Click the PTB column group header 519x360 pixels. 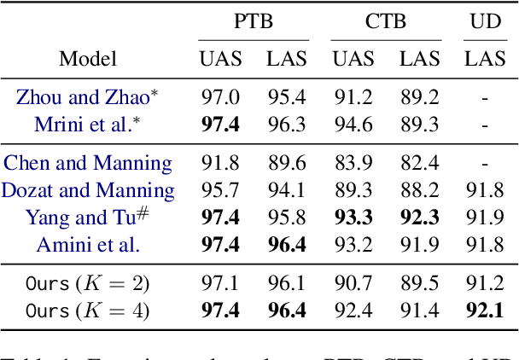[x=254, y=21]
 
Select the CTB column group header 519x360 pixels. [x=386, y=21]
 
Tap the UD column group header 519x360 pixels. [x=484, y=21]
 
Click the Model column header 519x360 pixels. [x=88, y=59]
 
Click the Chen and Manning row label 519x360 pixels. [x=88, y=163]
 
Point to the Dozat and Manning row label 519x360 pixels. [x=88, y=190]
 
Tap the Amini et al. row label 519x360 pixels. [x=88, y=246]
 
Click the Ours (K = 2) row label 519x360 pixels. [x=88, y=283]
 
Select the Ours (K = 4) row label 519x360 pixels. [x=88, y=311]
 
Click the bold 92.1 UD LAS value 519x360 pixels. [x=484, y=311]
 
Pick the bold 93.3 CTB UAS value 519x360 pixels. [x=353, y=218]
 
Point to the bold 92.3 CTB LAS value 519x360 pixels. [x=418, y=218]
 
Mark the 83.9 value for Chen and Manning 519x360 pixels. [x=353, y=163]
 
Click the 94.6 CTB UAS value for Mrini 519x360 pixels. [x=353, y=125]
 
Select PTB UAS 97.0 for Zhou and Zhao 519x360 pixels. [x=220, y=97]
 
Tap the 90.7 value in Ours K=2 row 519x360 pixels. [x=353, y=283]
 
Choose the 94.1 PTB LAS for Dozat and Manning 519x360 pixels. [x=286, y=190]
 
